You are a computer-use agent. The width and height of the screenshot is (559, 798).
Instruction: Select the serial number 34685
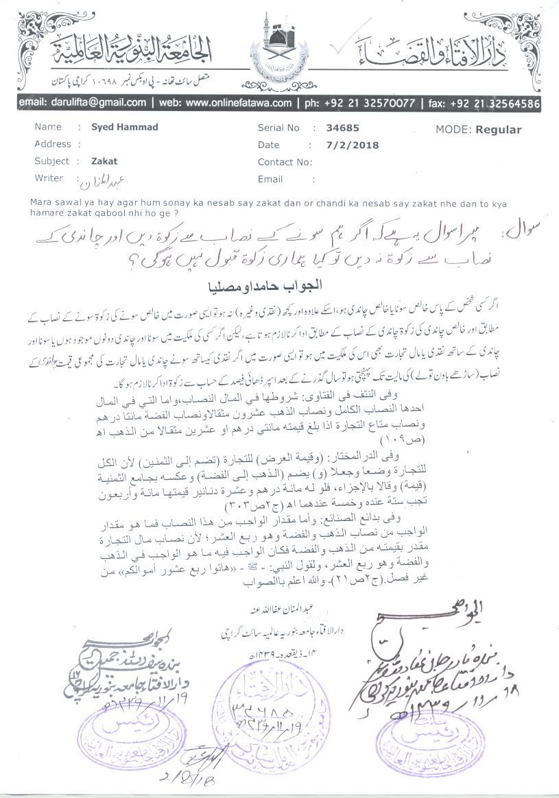(x=344, y=128)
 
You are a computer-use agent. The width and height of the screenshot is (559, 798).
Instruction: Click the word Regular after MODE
(x=499, y=130)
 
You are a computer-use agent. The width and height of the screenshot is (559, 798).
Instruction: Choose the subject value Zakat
(x=104, y=162)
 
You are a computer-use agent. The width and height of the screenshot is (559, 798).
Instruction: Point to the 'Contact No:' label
(x=285, y=162)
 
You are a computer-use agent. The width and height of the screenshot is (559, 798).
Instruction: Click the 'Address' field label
(x=53, y=145)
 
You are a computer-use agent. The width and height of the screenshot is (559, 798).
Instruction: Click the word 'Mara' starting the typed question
(x=43, y=202)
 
